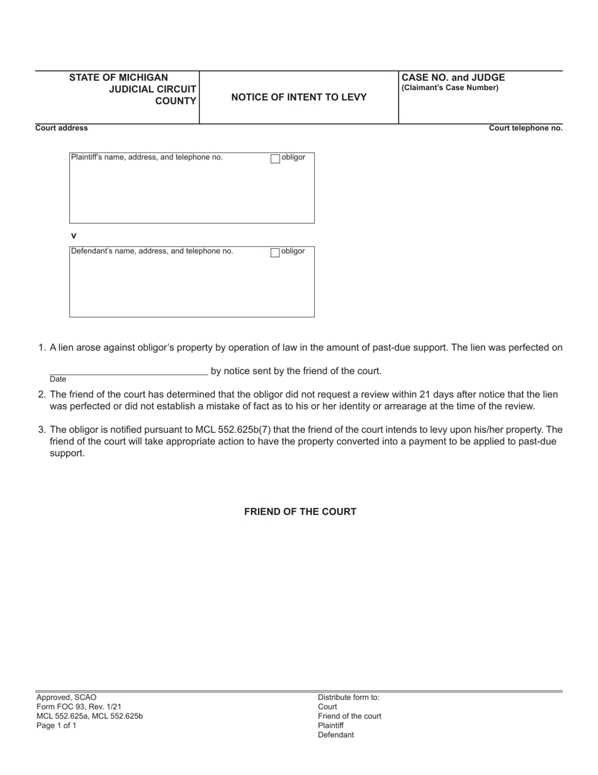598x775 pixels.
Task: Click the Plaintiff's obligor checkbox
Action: point(275,159)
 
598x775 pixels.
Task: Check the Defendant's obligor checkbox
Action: point(275,253)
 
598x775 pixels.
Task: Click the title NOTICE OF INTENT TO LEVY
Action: point(299,97)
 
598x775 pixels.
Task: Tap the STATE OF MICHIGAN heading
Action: point(118,77)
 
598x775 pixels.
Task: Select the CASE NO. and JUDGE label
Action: point(453,77)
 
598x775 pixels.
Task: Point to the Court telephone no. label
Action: point(526,128)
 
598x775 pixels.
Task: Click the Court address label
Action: point(62,128)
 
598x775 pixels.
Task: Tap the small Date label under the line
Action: point(58,379)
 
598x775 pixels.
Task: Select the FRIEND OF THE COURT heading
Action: point(300,512)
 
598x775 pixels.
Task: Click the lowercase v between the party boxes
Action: point(74,236)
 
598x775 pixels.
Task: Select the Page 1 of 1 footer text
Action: point(57,726)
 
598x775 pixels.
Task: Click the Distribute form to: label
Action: point(349,697)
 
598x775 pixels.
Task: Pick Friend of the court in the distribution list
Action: point(349,716)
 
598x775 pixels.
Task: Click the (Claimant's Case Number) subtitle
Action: point(450,88)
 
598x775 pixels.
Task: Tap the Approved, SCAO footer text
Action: point(67,697)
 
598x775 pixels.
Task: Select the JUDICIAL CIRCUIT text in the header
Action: point(152,89)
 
